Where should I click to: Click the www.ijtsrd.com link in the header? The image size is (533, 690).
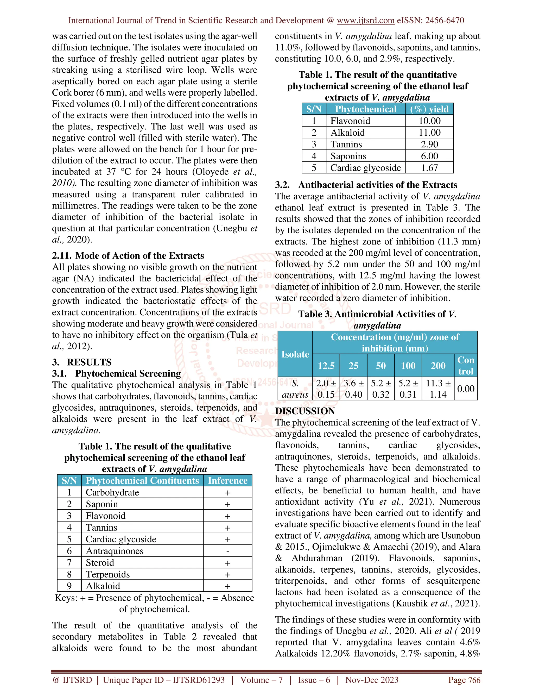(365, 21)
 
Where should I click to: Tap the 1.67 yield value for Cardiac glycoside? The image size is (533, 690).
(429, 168)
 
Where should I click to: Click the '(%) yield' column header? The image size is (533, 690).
(429, 109)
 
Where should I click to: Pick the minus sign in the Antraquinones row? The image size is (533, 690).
(228, 551)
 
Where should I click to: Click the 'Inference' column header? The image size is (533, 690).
(228, 481)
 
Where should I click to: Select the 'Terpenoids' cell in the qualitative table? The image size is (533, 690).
(108, 574)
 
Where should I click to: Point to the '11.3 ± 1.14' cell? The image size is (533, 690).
(438, 388)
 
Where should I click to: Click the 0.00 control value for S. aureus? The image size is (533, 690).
(466, 388)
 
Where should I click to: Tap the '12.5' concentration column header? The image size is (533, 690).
(326, 366)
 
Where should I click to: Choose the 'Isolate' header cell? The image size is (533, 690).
(295, 354)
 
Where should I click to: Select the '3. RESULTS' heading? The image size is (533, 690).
(82, 362)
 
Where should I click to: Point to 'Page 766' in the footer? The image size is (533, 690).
(464, 680)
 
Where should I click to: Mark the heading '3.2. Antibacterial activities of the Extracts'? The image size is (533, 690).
(366, 185)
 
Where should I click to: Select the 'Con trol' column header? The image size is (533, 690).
(466, 366)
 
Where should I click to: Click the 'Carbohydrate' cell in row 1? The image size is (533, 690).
(112, 493)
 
